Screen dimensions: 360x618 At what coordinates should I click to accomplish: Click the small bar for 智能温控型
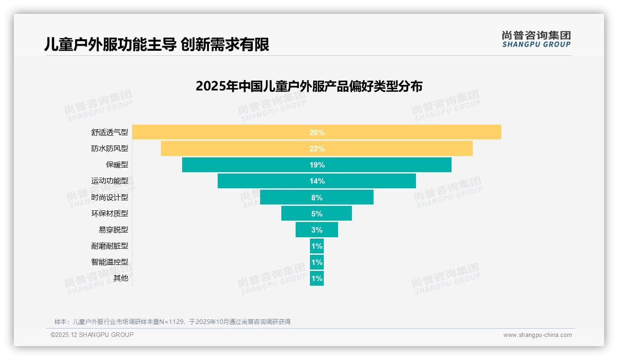(317, 262)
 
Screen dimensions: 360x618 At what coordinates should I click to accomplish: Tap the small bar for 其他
(317, 278)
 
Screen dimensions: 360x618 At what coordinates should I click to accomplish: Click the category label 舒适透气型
(110, 132)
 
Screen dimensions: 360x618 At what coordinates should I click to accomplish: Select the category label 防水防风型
(110, 149)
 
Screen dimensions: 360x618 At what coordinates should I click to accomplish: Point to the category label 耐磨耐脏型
(110, 246)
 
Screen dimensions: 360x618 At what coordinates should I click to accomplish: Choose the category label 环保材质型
(110, 213)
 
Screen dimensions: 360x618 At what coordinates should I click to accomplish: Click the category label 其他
(120, 278)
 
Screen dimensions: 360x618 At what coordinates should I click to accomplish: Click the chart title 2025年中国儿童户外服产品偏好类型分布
(309, 86)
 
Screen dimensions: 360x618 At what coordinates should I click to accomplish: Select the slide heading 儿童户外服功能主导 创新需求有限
(157, 45)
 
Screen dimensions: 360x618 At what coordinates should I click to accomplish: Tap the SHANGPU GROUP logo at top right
(536, 39)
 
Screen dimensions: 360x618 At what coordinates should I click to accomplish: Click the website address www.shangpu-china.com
(537, 335)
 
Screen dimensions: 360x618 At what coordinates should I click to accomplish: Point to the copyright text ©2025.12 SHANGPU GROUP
(92, 335)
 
